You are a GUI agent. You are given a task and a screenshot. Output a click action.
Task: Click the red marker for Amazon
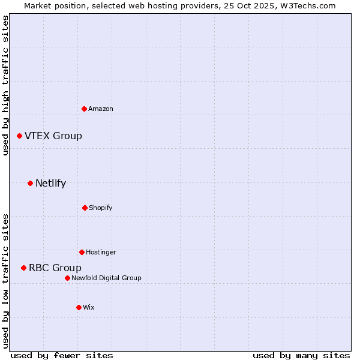pyautogui.click(x=85, y=109)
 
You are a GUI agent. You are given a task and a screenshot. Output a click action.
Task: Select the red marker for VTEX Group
pyautogui.click(x=20, y=136)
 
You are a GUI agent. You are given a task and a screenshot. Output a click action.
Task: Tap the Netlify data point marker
pyautogui.click(x=31, y=183)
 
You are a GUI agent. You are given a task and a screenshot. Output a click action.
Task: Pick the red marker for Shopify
pyautogui.click(x=85, y=208)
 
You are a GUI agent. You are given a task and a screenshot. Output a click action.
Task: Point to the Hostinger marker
pyautogui.click(x=82, y=252)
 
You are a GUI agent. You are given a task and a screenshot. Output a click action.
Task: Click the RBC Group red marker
pyautogui.click(x=24, y=268)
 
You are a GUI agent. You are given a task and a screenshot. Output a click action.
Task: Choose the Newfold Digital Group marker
pyautogui.click(x=68, y=278)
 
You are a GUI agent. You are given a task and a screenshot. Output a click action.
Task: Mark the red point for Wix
pyautogui.click(x=79, y=307)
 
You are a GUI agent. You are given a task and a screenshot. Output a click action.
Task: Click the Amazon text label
pyautogui.click(x=101, y=109)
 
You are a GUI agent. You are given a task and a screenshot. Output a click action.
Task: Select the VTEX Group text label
pyautogui.click(x=53, y=136)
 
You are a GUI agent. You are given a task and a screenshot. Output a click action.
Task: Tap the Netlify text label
pyautogui.click(x=51, y=184)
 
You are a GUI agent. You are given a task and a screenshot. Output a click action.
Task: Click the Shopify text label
pyautogui.click(x=101, y=208)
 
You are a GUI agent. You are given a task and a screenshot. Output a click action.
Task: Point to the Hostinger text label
pyautogui.click(x=101, y=252)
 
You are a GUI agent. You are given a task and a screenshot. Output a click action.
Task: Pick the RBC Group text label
pyautogui.click(x=55, y=268)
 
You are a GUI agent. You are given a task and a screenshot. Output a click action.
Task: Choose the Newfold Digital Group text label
pyautogui.click(x=106, y=278)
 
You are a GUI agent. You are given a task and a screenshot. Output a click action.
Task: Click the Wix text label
pyautogui.click(x=89, y=307)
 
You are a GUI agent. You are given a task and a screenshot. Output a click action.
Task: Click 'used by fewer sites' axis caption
pyautogui.click(x=62, y=355)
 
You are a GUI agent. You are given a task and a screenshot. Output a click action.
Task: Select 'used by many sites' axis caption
pyautogui.click(x=301, y=355)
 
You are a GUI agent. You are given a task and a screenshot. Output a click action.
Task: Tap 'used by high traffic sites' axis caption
pyautogui.click(x=5, y=85)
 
